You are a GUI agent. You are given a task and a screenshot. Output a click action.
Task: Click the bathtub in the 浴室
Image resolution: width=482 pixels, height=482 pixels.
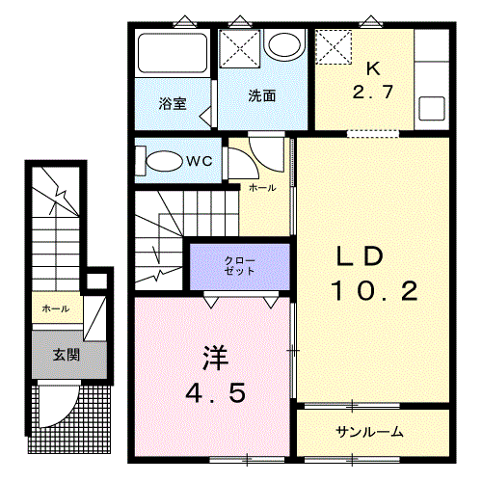(x=173, y=53)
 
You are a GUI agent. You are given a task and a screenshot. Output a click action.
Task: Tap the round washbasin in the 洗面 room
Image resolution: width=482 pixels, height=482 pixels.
(x=284, y=45)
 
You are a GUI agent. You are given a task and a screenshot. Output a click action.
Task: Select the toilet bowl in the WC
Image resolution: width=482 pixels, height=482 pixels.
(x=164, y=161)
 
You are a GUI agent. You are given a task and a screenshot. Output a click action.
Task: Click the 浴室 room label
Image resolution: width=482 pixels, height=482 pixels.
(x=173, y=104)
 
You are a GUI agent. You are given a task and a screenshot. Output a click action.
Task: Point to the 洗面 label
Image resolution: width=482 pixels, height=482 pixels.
(x=262, y=95)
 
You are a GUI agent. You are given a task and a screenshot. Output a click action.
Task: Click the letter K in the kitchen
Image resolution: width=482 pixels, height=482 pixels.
(x=373, y=68)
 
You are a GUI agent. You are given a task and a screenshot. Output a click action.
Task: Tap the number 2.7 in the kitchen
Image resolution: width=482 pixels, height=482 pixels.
(x=373, y=92)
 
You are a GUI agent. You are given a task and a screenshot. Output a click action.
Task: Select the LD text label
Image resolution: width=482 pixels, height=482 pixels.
(x=360, y=256)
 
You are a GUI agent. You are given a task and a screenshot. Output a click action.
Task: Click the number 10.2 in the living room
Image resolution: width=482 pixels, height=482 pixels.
(x=374, y=291)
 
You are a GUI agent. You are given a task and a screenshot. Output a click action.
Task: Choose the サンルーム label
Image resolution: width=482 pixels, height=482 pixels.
(x=369, y=432)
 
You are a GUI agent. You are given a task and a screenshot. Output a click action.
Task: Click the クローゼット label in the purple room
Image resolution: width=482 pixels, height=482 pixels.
(x=240, y=266)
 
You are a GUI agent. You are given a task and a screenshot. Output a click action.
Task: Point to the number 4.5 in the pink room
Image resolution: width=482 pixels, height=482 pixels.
(x=216, y=392)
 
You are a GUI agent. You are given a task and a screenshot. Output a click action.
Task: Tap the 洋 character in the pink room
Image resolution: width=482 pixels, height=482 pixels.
(x=216, y=359)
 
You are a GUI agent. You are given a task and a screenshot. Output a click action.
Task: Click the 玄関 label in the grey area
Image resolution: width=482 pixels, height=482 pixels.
(x=67, y=355)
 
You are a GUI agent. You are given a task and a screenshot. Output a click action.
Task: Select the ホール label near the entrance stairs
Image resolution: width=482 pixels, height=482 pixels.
(x=56, y=308)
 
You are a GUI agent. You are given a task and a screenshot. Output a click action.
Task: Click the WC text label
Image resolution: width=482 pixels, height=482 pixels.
(x=200, y=161)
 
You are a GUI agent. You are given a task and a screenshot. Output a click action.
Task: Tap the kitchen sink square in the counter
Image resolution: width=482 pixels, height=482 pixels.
(x=432, y=108)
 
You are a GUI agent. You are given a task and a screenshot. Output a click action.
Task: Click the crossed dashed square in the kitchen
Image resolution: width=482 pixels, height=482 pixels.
(x=334, y=47)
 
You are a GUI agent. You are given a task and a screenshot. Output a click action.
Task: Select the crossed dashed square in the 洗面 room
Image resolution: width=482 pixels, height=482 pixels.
(x=240, y=48)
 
